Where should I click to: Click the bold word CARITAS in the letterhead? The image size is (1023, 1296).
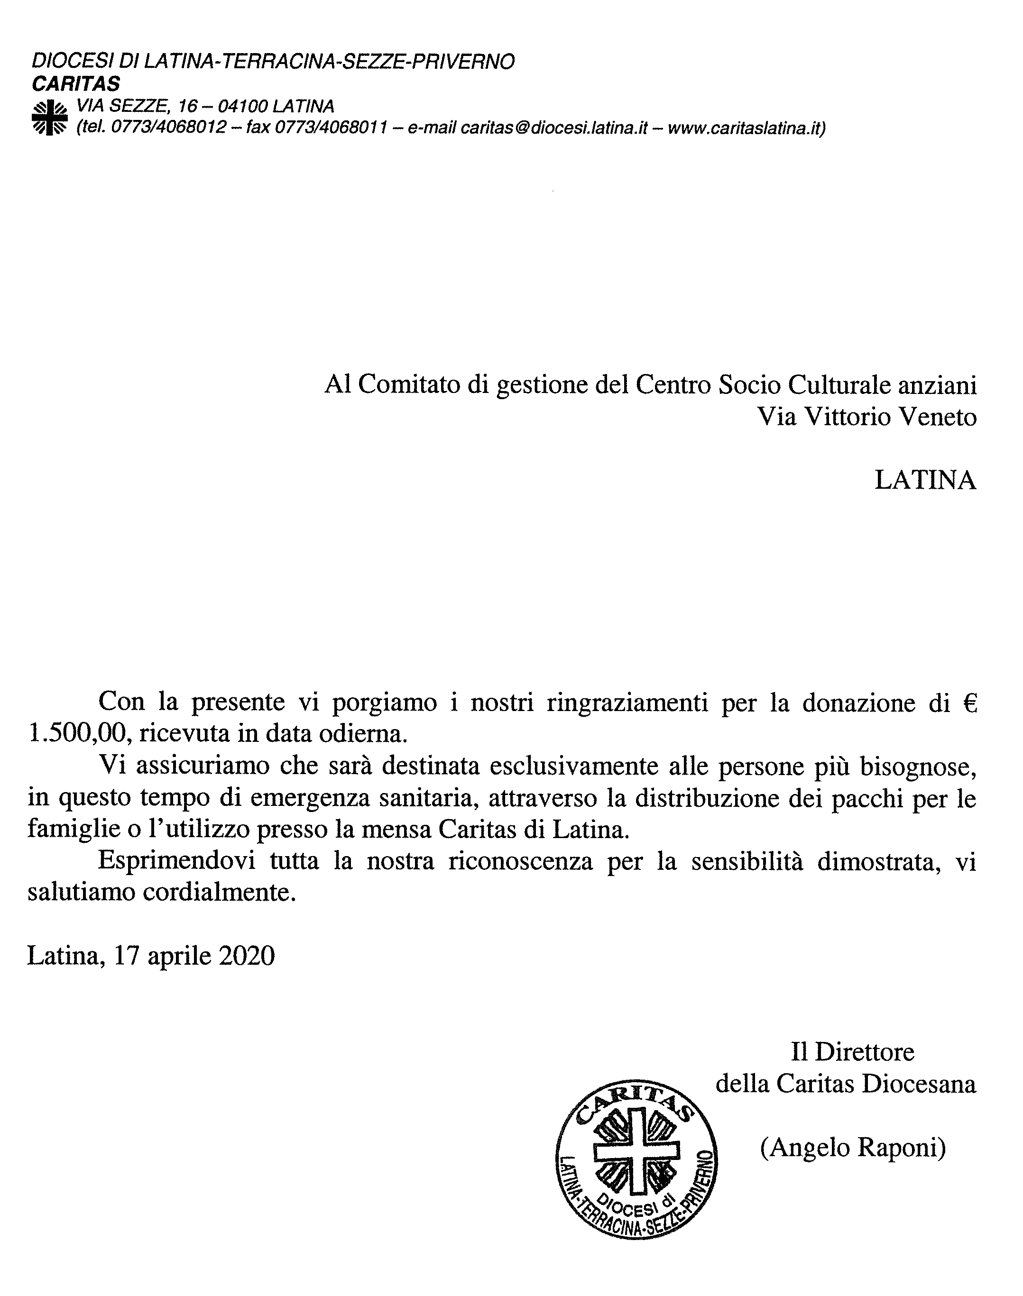click(76, 84)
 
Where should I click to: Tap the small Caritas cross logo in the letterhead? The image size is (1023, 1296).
click(49, 118)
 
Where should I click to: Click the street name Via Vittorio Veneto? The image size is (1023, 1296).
click(866, 417)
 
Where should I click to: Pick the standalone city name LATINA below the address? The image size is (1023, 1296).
click(925, 481)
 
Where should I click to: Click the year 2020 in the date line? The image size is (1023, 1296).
click(248, 957)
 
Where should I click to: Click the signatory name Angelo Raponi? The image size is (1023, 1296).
click(853, 1148)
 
